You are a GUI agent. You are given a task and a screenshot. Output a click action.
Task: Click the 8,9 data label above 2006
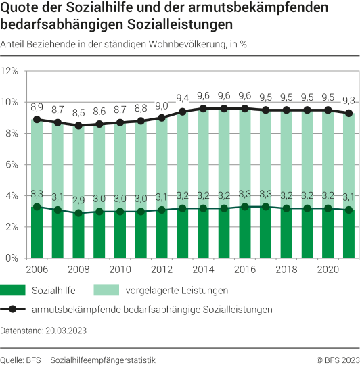[x=37, y=107]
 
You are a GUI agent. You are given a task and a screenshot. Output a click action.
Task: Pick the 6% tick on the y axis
[x=13, y=164]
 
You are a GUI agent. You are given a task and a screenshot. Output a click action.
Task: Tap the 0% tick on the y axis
[x=13, y=258]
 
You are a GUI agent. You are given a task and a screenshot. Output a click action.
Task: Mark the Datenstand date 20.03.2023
[x=65, y=331]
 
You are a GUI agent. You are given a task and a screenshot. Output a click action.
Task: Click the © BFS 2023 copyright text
[x=337, y=358]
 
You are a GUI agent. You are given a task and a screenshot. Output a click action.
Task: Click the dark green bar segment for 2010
[x=121, y=235]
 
